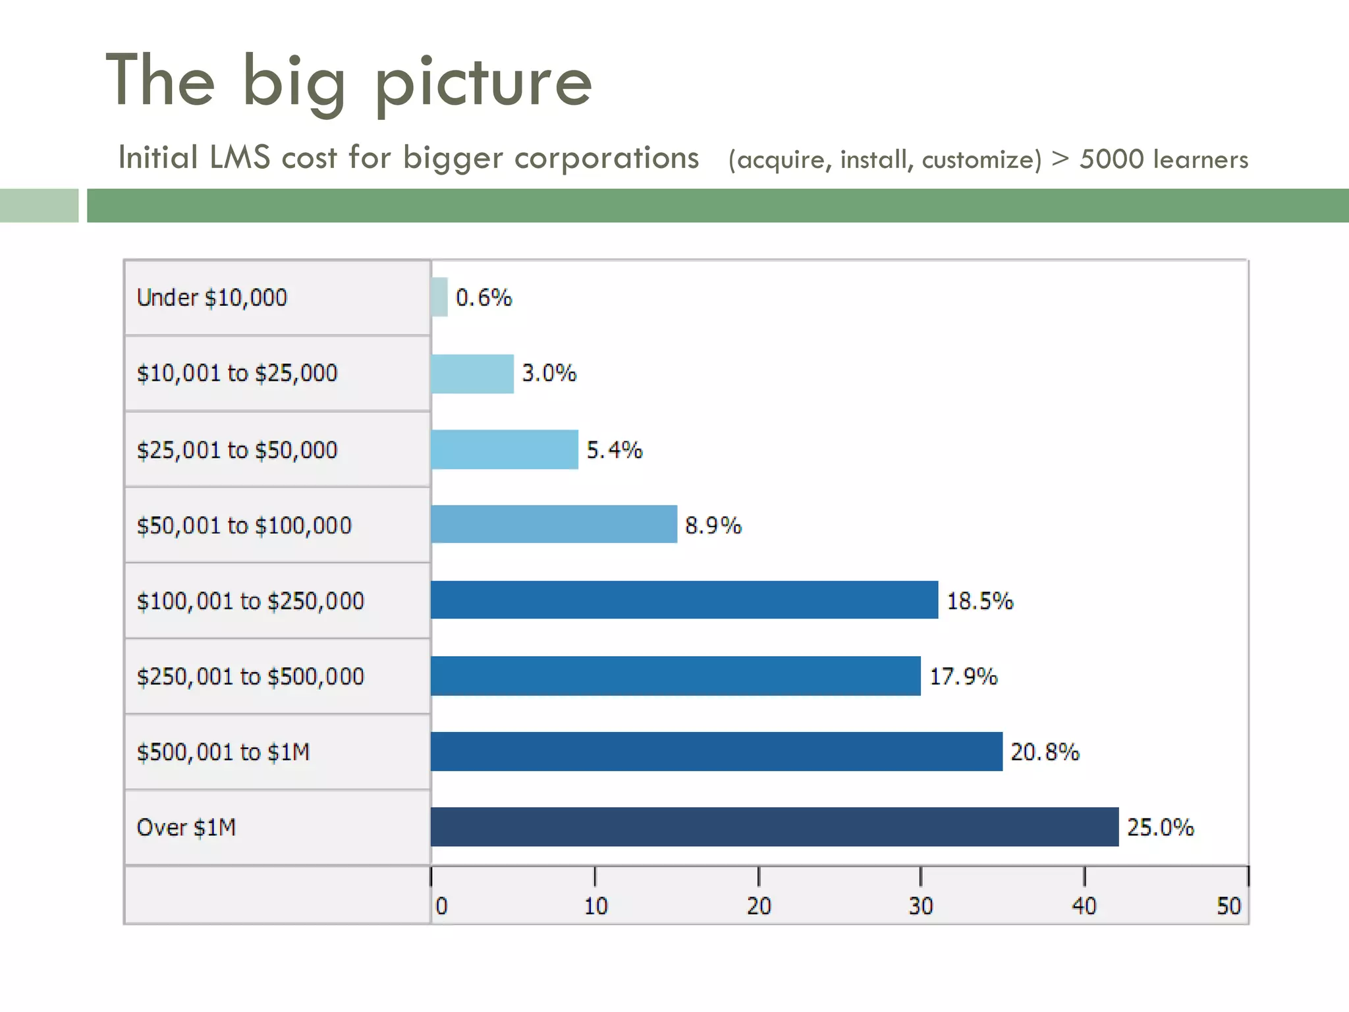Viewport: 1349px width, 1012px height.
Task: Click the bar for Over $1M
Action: click(x=774, y=826)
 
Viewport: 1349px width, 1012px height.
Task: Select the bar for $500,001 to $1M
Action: click(x=716, y=751)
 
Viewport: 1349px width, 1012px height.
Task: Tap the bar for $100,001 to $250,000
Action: click(x=684, y=600)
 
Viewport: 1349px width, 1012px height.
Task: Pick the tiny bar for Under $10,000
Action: click(x=439, y=297)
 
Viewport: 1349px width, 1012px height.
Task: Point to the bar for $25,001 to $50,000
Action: click(x=505, y=449)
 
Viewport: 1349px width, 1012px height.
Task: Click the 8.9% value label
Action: click(x=713, y=525)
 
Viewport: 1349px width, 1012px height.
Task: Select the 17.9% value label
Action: click(x=963, y=676)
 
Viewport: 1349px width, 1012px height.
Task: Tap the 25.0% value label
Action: click(x=1160, y=827)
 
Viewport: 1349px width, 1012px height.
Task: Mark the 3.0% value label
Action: click(x=549, y=373)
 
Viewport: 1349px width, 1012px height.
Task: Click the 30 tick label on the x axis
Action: click(x=921, y=906)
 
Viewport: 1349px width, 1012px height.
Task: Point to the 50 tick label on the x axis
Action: click(x=1228, y=906)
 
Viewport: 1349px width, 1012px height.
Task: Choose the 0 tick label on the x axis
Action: click(x=441, y=906)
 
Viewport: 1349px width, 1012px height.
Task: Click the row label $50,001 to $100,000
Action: click(x=244, y=525)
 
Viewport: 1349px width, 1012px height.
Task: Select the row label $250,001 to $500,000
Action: click(x=250, y=676)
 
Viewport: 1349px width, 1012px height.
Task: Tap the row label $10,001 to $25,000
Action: click(x=237, y=373)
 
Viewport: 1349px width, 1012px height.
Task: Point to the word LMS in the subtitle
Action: click(x=240, y=157)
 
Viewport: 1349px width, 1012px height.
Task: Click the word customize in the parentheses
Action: click(x=981, y=160)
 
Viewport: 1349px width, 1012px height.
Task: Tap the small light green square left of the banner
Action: click(x=39, y=206)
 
